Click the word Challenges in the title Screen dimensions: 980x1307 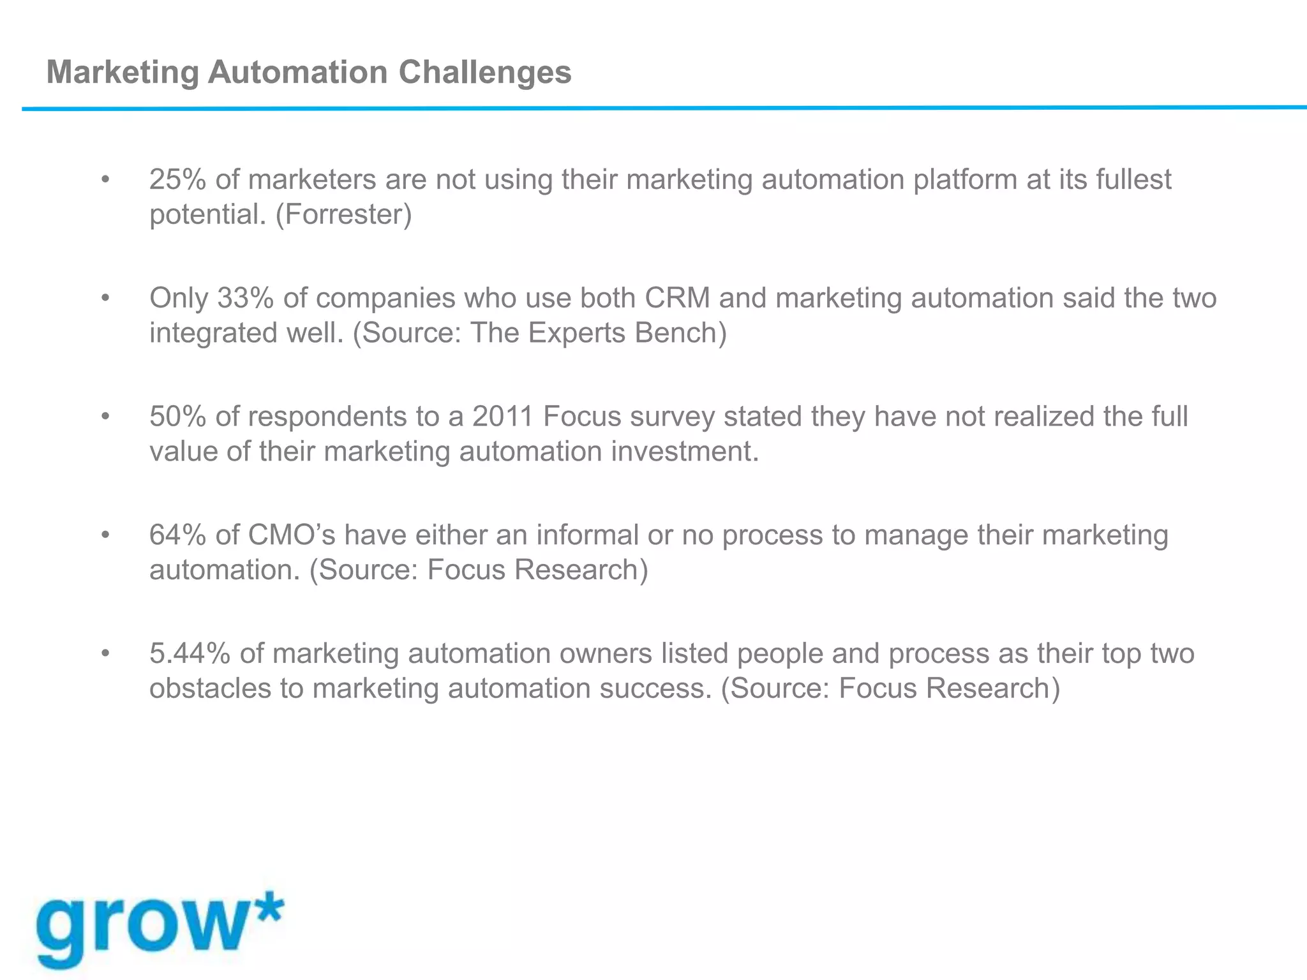pos(485,73)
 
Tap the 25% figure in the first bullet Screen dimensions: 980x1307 pos(178,180)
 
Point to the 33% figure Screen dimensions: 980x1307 pos(245,299)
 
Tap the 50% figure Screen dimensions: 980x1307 pos(178,417)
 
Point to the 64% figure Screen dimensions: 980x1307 pos(178,535)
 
